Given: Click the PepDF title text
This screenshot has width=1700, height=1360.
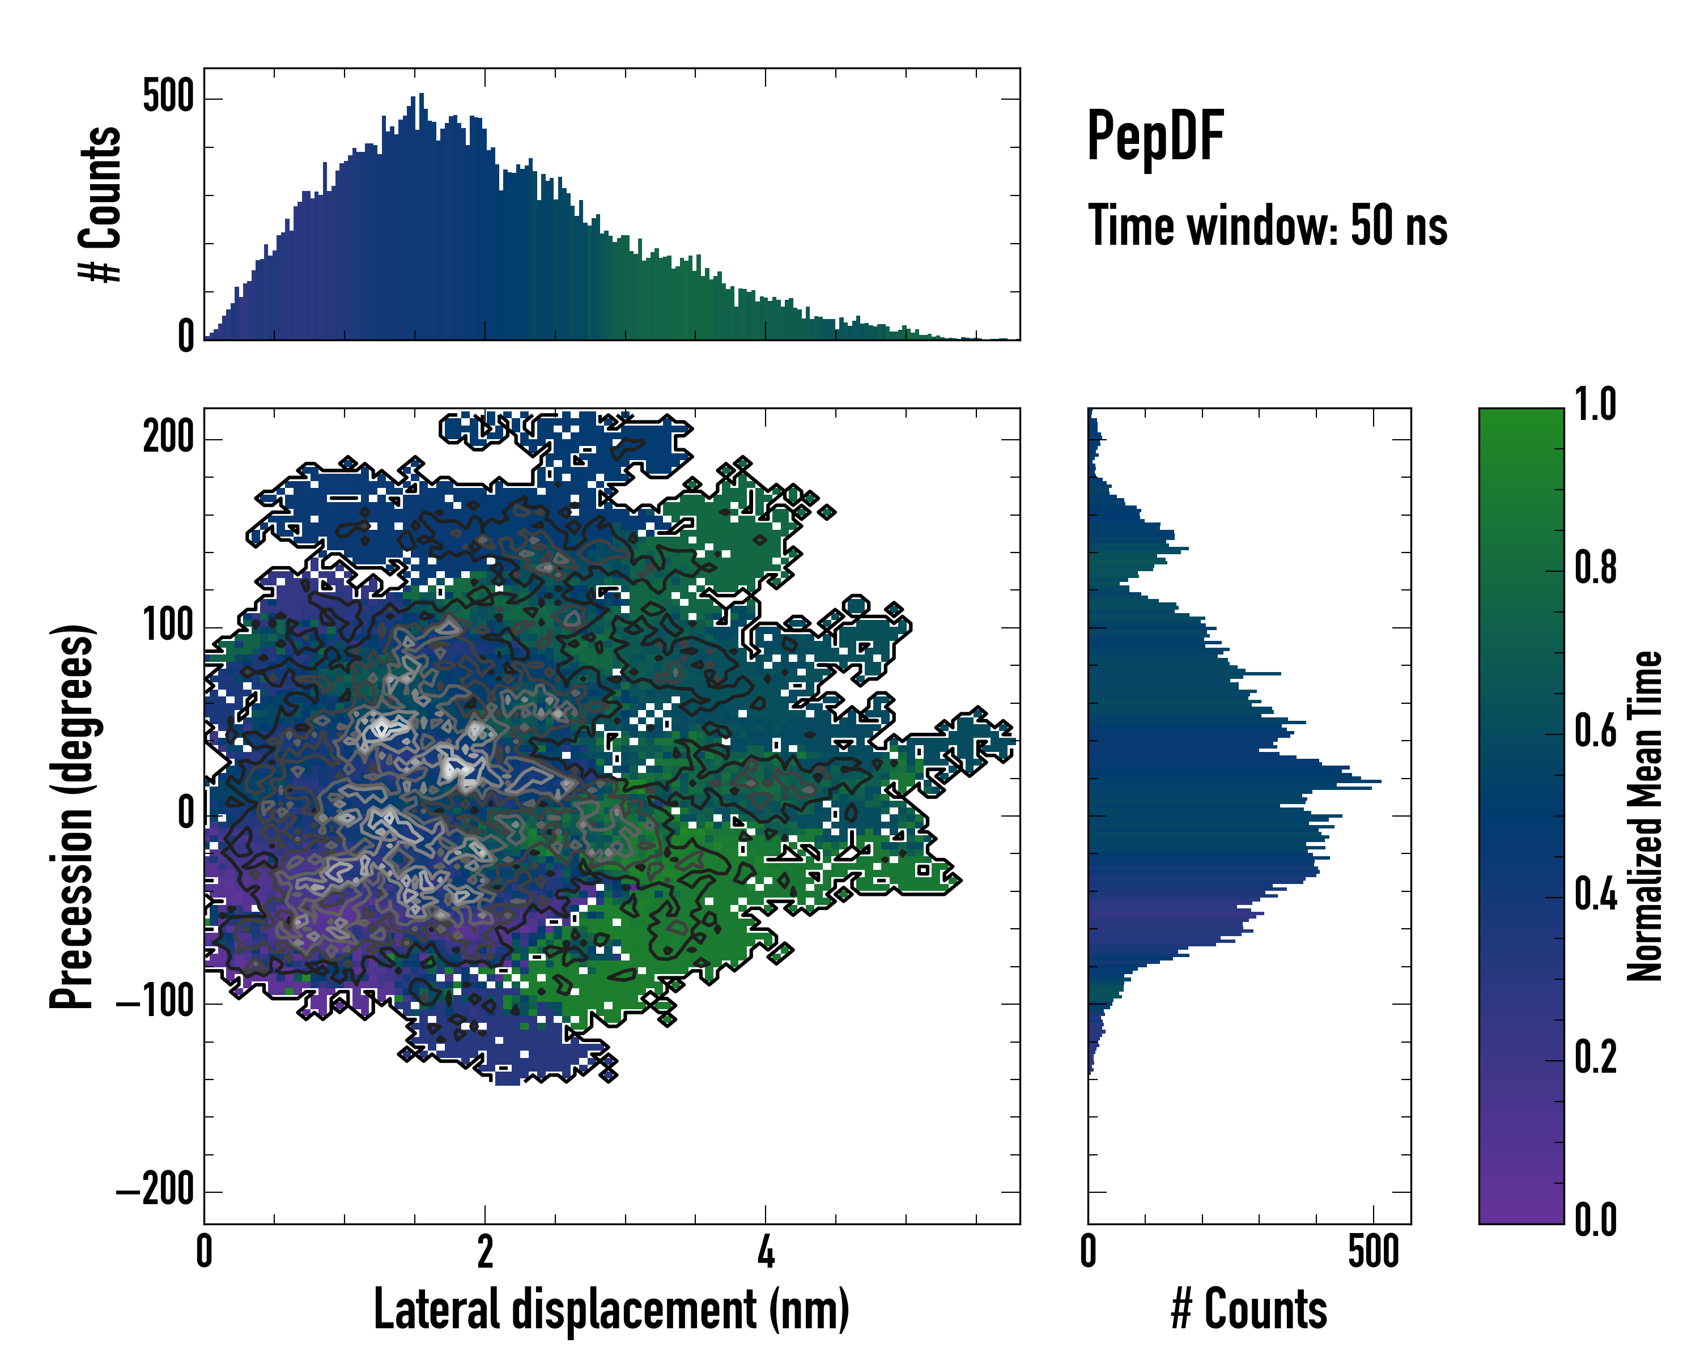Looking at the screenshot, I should [1155, 137].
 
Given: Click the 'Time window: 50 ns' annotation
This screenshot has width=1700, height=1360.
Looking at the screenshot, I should [1267, 226].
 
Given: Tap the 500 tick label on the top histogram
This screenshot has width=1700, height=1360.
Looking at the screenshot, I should [168, 98].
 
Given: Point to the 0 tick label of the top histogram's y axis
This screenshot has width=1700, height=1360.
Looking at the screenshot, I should [185, 337].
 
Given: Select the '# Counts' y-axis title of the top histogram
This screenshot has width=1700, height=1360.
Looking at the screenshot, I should [101, 204].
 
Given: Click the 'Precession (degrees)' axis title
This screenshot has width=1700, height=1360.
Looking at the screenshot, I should [73, 816].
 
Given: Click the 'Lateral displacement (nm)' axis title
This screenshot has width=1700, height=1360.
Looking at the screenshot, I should [611, 1310].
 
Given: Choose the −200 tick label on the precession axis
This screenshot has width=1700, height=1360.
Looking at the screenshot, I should [155, 1191].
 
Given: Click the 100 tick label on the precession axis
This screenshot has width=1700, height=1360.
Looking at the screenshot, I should [168, 627].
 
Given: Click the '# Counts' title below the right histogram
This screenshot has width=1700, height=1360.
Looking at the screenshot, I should [1249, 1310].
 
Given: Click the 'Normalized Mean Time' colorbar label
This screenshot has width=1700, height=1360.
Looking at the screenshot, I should [1645, 816].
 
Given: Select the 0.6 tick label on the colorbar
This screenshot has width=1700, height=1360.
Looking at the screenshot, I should [1595, 732].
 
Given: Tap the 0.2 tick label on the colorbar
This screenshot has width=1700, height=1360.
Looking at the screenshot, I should [1595, 1058].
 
